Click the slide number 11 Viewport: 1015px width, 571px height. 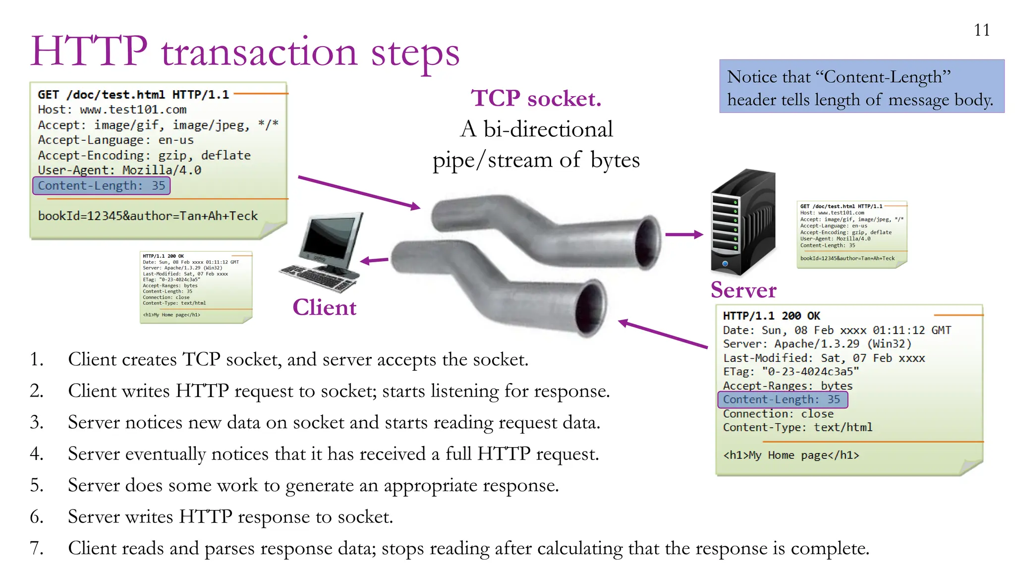pos(981,30)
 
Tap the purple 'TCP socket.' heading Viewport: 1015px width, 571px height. pos(536,98)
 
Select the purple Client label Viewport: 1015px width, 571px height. pos(324,307)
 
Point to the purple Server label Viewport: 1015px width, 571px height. pos(743,290)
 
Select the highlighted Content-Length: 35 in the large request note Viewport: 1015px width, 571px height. pos(102,185)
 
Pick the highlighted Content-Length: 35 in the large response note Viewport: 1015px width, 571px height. pos(783,400)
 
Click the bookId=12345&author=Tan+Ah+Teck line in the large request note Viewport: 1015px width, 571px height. pos(148,216)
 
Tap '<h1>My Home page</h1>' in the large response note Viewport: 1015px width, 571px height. pos(791,455)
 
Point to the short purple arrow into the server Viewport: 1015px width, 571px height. pos(684,234)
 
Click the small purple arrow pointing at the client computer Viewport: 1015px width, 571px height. pos(374,260)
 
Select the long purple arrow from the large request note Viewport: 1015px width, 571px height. pos(359,192)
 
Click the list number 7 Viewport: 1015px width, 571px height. pos(36,548)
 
